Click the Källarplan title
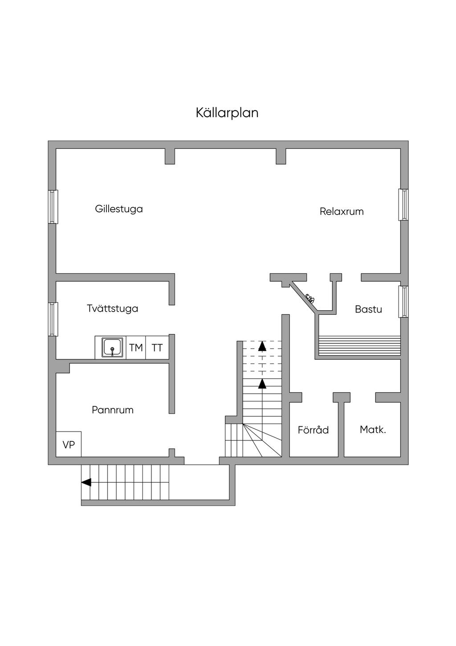click(227, 113)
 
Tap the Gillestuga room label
click(119, 209)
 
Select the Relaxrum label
click(342, 212)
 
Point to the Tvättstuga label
click(112, 309)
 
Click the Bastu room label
click(368, 309)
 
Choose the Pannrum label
click(113, 410)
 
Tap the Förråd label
click(313, 430)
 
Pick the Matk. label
click(373, 430)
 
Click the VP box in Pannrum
click(69, 444)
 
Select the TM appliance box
click(136, 348)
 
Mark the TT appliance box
click(157, 348)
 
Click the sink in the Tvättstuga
click(112, 347)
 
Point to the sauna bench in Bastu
click(359, 344)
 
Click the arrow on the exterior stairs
click(86, 482)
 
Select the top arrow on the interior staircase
click(262, 346)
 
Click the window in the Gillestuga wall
click(53, 207)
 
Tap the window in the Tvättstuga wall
click(53, 319)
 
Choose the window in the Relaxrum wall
click(403, 205)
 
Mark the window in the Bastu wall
click(403, 302)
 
